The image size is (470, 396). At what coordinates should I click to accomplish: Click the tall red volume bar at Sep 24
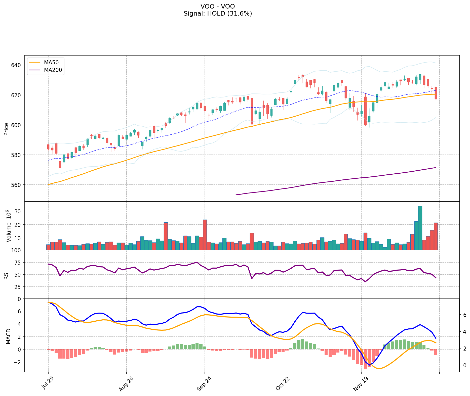click(x=205, y=234)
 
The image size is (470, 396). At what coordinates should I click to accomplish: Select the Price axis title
click(x=7, y=129)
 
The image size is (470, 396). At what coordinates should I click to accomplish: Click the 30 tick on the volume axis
click(x=19, y=212)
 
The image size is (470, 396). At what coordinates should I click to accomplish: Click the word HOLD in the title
click(x=216, y=14)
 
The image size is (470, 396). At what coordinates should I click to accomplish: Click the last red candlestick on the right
click(x=436, y=93)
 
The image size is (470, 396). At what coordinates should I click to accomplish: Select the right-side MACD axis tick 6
click(x=465, y=315)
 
